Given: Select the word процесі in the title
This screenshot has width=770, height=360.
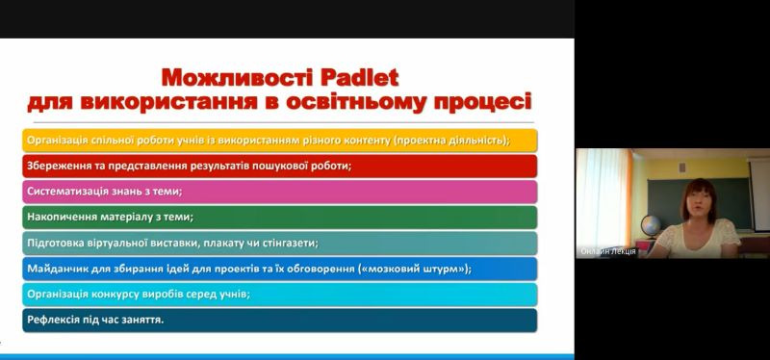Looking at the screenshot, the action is [x=483, y=102].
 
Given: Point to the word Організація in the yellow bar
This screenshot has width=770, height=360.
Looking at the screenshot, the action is [x=59, y=141].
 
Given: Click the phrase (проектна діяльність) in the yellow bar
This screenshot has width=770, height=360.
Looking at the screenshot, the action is [x=451, y=141].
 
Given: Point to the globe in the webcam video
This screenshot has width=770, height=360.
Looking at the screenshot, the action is [x=651, y=226].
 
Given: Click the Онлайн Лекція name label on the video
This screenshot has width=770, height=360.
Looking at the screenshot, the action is [x=608, y=251].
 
